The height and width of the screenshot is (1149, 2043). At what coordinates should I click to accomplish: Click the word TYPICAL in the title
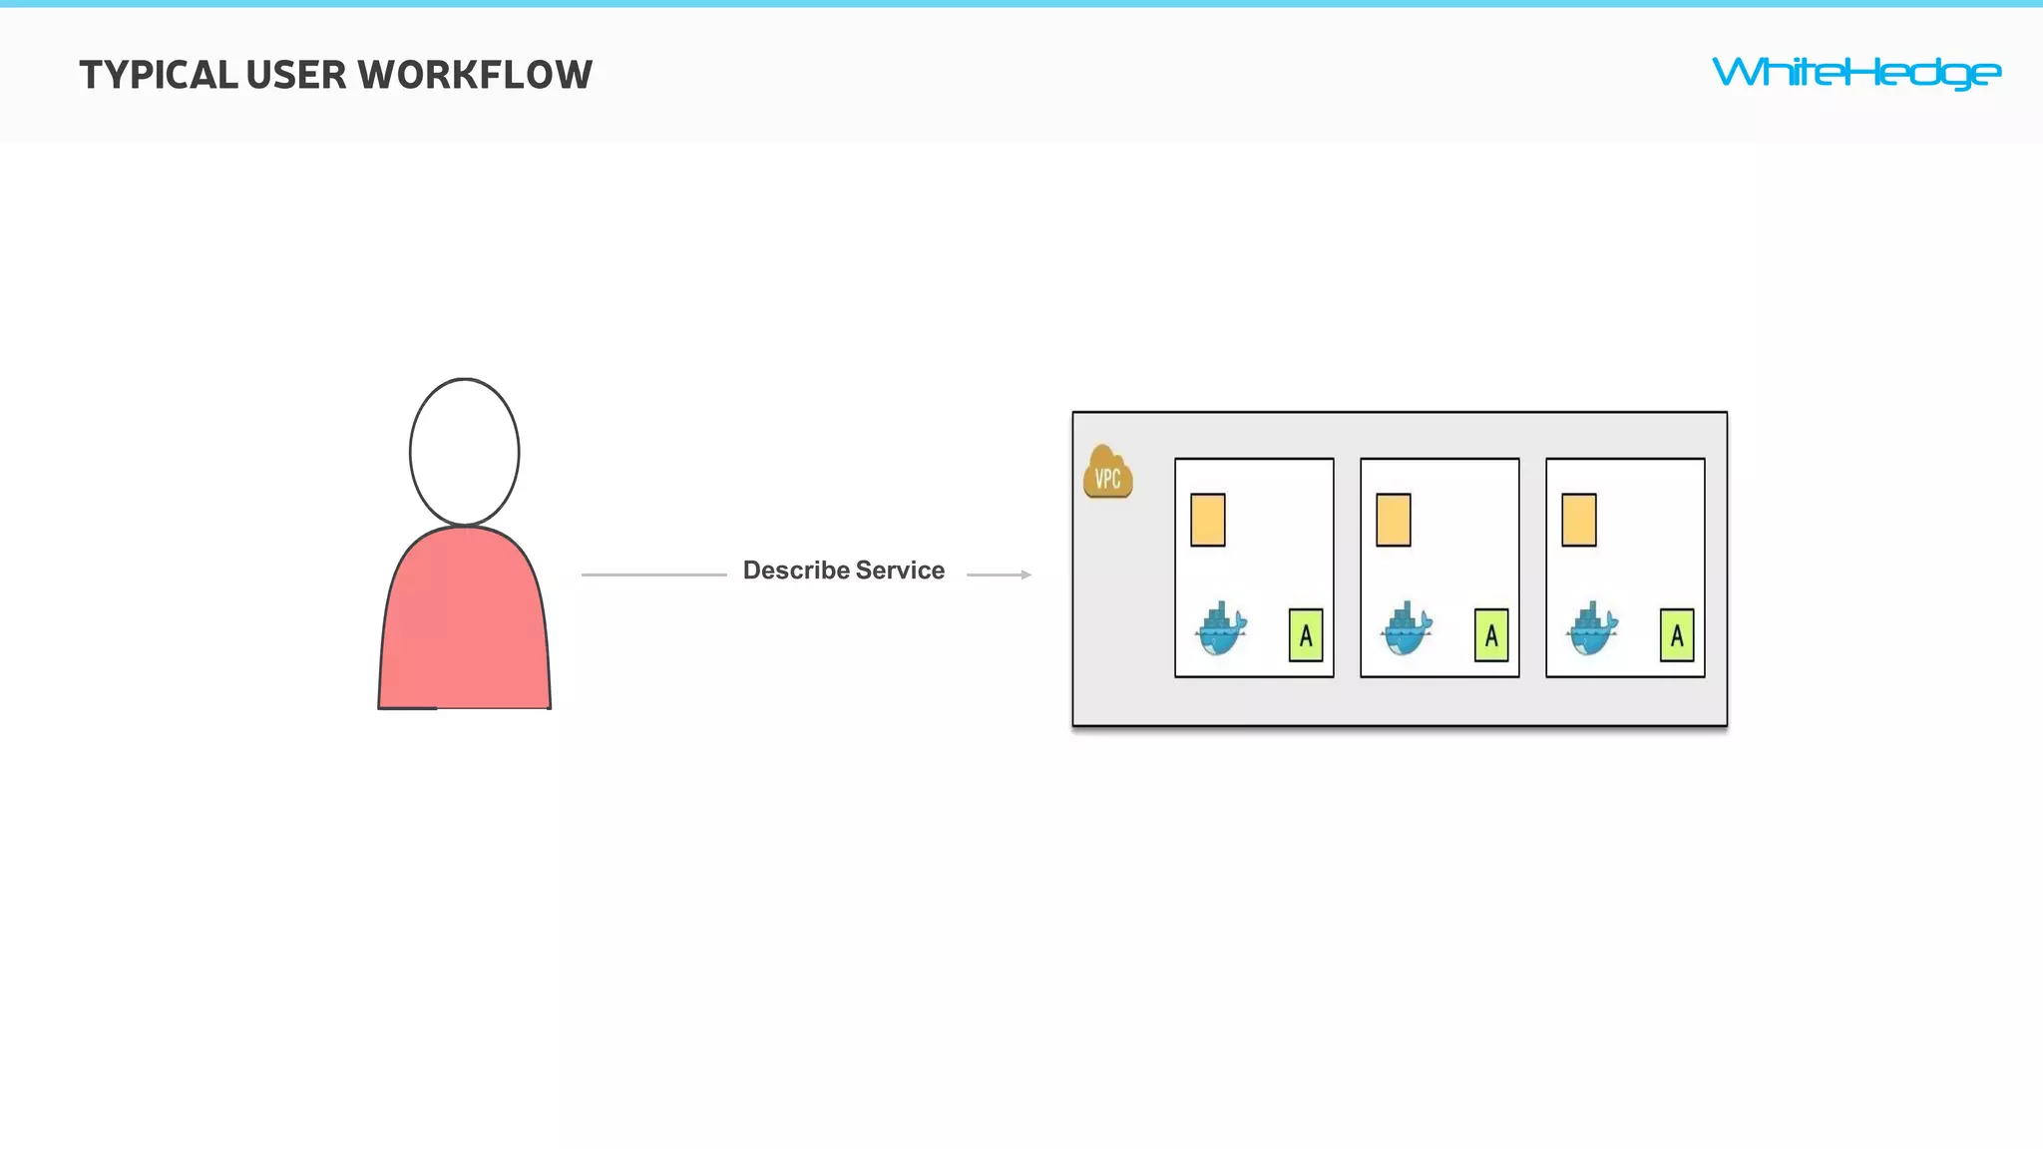159,76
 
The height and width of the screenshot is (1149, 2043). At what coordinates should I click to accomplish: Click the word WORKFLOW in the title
475,76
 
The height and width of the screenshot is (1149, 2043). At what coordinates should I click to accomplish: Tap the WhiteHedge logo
1855,73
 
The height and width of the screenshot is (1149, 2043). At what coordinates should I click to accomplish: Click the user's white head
464,452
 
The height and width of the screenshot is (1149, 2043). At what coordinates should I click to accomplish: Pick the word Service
900,571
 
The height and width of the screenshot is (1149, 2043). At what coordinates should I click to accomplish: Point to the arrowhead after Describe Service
1025,574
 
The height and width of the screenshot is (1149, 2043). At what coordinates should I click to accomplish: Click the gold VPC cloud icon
1107,474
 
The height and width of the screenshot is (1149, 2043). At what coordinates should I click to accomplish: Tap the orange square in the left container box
1208,520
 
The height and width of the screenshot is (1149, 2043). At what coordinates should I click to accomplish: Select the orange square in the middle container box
1394,520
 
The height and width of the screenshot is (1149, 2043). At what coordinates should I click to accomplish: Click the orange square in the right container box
1579,520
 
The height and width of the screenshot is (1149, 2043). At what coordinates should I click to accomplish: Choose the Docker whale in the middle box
1407,628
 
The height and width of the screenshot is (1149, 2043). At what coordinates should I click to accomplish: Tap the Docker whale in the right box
1592,628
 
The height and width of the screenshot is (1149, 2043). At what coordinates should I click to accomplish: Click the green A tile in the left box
1306,635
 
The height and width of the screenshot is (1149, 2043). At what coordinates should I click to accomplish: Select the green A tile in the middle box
1491,635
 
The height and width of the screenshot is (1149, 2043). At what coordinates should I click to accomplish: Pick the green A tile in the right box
1677,635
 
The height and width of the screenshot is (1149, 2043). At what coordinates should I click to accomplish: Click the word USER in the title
296,76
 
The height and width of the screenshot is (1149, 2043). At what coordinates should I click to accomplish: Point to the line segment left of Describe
653,574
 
